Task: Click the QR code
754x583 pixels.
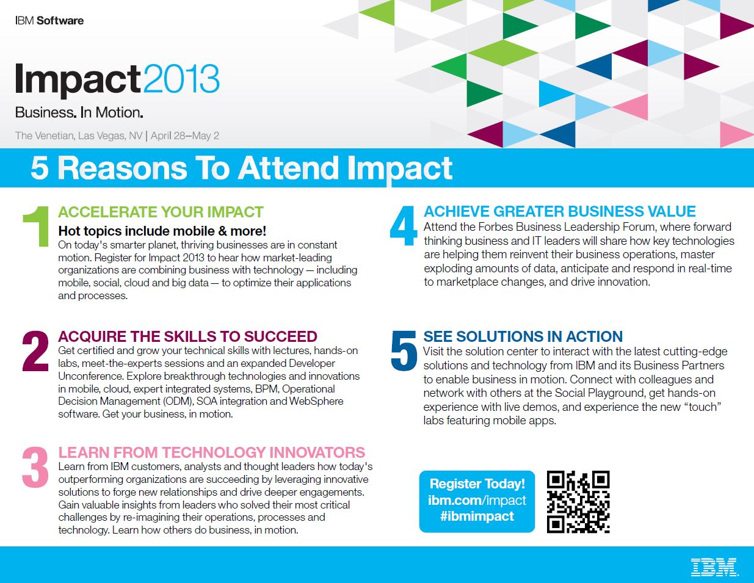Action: coord(578,501)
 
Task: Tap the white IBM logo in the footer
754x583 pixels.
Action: coord(714,567)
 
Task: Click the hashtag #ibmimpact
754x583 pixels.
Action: coord(477,516)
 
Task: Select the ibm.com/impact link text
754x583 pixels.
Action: coord(477,500)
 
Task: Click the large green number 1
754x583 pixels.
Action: coord(36,226)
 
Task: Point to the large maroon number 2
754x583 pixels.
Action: coord(35,351)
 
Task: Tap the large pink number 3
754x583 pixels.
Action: coord(35,467)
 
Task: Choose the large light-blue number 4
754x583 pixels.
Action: coord(403,226)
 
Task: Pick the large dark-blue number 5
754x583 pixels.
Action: coord(404,350)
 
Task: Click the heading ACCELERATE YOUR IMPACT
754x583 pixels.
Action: coord(161,212)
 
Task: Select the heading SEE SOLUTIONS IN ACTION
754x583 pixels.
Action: coord(523,336)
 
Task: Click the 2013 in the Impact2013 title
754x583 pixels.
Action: coord(181,79)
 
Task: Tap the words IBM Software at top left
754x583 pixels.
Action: coord(49,21)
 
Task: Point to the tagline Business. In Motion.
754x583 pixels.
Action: coord(79,112)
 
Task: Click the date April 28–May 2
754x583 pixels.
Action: coord(184,136)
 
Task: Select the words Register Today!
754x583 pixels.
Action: coord(477,484)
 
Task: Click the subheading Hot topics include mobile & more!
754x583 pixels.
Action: coord(162,231)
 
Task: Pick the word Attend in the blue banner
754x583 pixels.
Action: coord(288,168)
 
